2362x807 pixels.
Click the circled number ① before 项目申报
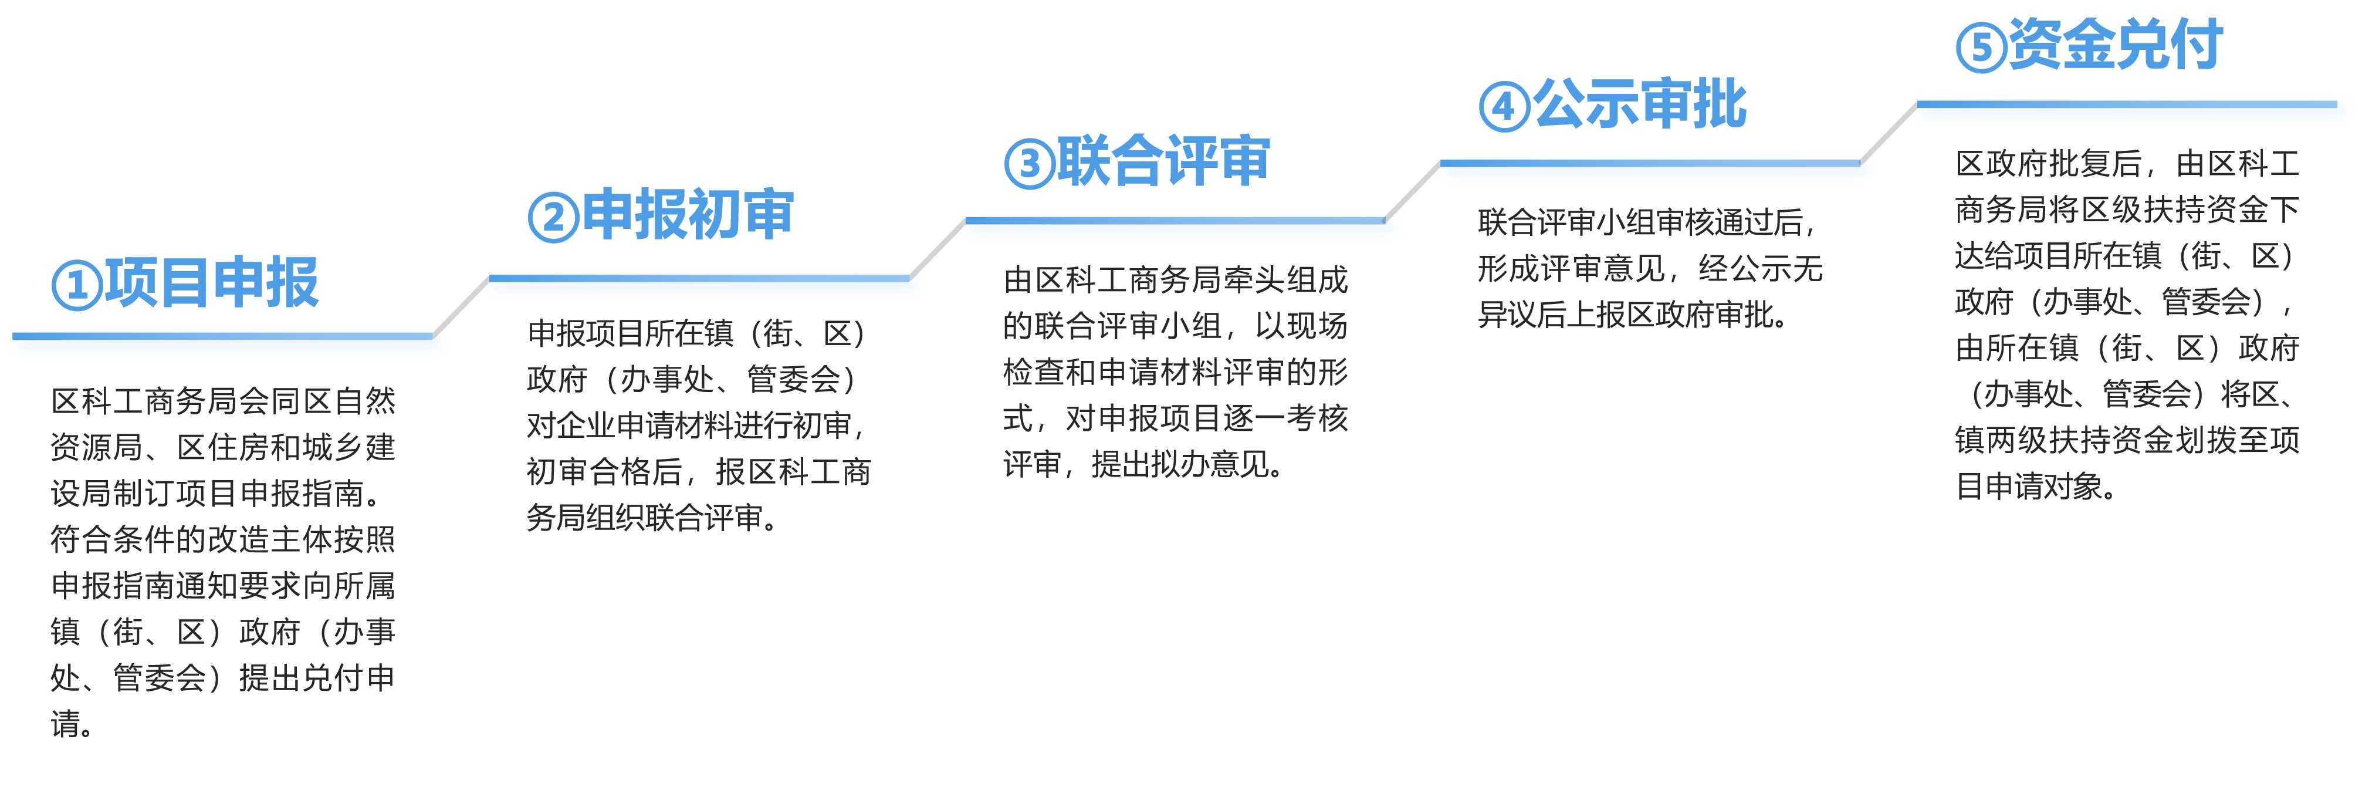(77, 285)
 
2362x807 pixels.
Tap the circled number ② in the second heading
(553, 217)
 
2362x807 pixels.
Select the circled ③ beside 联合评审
(1029, 163)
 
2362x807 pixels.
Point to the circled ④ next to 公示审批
(1505, 106)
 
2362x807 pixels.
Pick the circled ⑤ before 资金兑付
(1981, 48)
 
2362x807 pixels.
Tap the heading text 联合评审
(1163, 160)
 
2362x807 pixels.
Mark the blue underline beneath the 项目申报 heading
(223, 336)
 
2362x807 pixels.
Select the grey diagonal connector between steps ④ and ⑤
(1889, 134)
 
